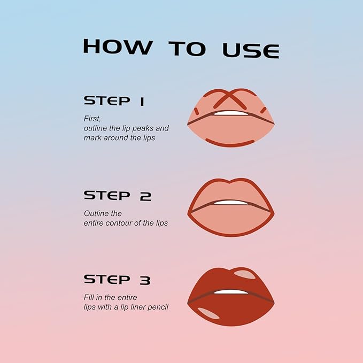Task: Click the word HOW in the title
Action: (x=117, y=47)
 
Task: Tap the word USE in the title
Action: (x=251, y=49)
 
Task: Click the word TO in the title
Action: (x=187, y=48)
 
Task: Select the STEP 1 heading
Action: (x=114, y=101)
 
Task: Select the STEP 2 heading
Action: (x=117, y=196)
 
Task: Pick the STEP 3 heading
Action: (x=117, y=279)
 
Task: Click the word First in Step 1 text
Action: (x=92, y=118)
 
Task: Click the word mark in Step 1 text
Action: (x=92, y=137)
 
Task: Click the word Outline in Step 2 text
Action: (x=95, y=213)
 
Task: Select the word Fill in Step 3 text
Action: (x=89, y=297)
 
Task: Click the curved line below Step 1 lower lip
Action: (x=230, y=143)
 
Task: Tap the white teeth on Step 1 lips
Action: (x=231, y=113)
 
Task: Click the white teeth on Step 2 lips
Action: (x=231, y=203)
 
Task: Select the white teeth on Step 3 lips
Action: (x=231, y=292)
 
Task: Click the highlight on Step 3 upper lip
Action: (x=245, y=275)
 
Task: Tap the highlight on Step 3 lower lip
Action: (x=208, y=313)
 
